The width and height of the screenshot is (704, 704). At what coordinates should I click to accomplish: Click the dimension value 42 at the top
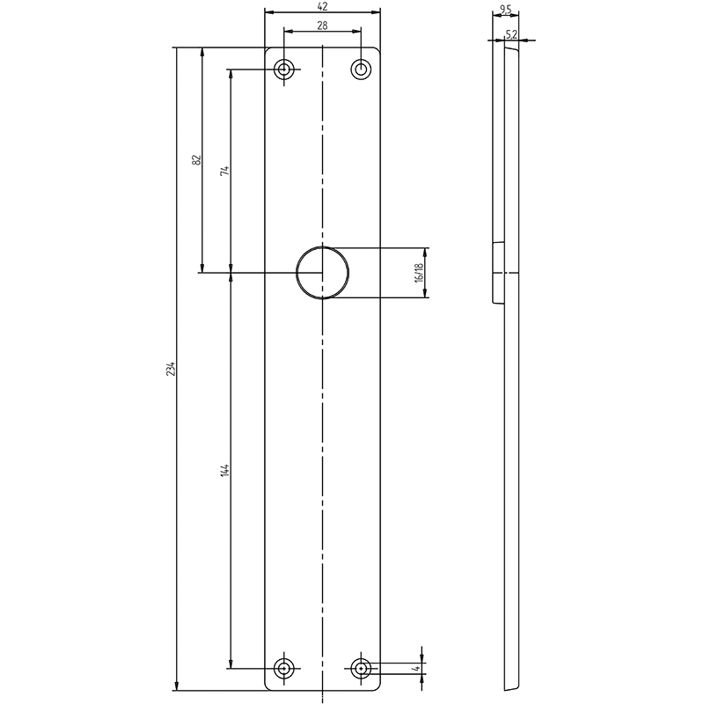pos(322,6)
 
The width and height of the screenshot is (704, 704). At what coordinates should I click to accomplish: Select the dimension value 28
pos(322,26)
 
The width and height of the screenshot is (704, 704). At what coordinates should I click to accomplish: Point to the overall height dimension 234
pos(170,368)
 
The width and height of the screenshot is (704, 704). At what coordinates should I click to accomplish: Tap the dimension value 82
pos(196,160)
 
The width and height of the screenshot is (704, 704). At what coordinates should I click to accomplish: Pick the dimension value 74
pos(225,171)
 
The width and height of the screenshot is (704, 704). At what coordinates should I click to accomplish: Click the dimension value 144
pos(225,470)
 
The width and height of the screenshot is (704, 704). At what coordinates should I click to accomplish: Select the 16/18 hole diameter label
pos(420,272)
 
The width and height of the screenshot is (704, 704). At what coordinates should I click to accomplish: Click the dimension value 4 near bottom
pos(417,669)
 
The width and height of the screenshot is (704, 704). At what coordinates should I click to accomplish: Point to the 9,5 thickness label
pos(505,9)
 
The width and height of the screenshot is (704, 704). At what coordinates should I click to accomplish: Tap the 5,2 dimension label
pos(511,34)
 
